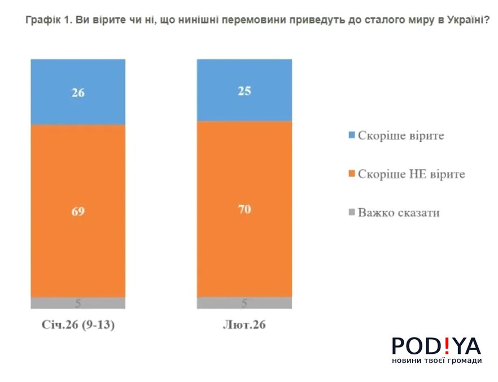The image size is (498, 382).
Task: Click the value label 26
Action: [x=78, y=93]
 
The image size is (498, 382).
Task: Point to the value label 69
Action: [x=78, y=212]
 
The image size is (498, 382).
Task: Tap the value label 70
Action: [x=244, y=209]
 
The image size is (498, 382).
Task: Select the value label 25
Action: [x=244, y=91]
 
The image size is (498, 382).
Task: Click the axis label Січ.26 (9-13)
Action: [x=78, y=326]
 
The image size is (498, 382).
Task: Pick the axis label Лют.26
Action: [x=244, y=326]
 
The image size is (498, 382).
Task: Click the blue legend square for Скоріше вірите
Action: [x=352, y=135]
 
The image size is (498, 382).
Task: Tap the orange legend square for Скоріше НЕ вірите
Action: [x=352, y=174]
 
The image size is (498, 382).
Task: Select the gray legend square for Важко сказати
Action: [x=352, y=213]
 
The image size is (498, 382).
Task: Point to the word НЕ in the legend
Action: [x=416, y=174]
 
